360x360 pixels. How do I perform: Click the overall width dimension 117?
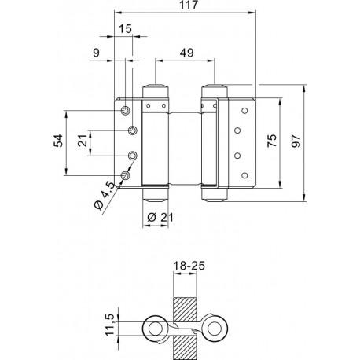coord(189,5)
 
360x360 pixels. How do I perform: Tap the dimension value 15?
coord(125,29)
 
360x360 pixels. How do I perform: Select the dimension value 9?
coord(97,53)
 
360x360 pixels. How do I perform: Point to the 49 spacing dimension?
coord(187,53)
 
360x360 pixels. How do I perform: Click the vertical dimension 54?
coord(59,141)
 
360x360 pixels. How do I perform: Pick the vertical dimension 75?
coord(272,141)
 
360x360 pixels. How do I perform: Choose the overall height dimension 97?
coord(296,141)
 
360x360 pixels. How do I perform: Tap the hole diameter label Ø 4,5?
coord(105,195)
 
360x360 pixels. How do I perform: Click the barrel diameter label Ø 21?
coord(160,217)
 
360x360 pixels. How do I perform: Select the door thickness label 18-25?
coord(189,266)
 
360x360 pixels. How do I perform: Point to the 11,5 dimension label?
coord(110,325)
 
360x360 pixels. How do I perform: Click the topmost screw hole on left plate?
coord(126,111)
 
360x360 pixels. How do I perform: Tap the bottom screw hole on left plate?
coord(126,175)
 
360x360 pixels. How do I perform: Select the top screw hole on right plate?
coord(244,111)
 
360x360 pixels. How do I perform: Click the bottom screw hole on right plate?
coord(244,175)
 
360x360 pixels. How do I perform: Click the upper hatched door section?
coord(185,310)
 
